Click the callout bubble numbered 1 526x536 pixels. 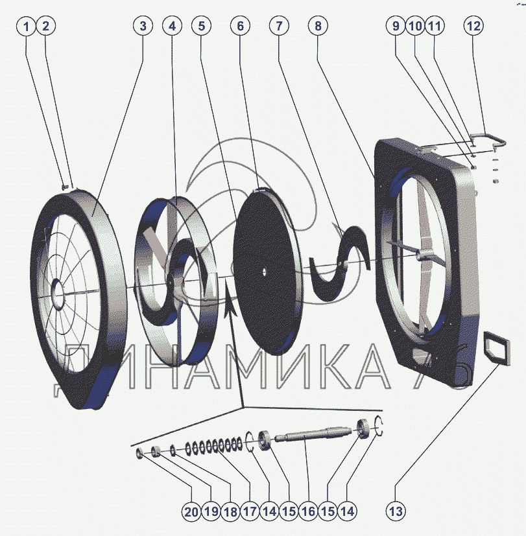[x=26, y=26]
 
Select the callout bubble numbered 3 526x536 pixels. [x=143, y=26]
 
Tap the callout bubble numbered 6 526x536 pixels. [x=241, y=26]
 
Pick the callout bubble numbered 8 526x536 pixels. [x=318, y=26]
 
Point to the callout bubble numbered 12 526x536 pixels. [x=473, y=26]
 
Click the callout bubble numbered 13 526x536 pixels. [x=396, y=511]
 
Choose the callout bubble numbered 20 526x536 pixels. [x=191, y=511]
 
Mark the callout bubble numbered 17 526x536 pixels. [x=250, y=511]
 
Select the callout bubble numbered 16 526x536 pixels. [x=308, y=511]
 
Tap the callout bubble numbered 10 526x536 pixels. [x=415, y=26]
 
